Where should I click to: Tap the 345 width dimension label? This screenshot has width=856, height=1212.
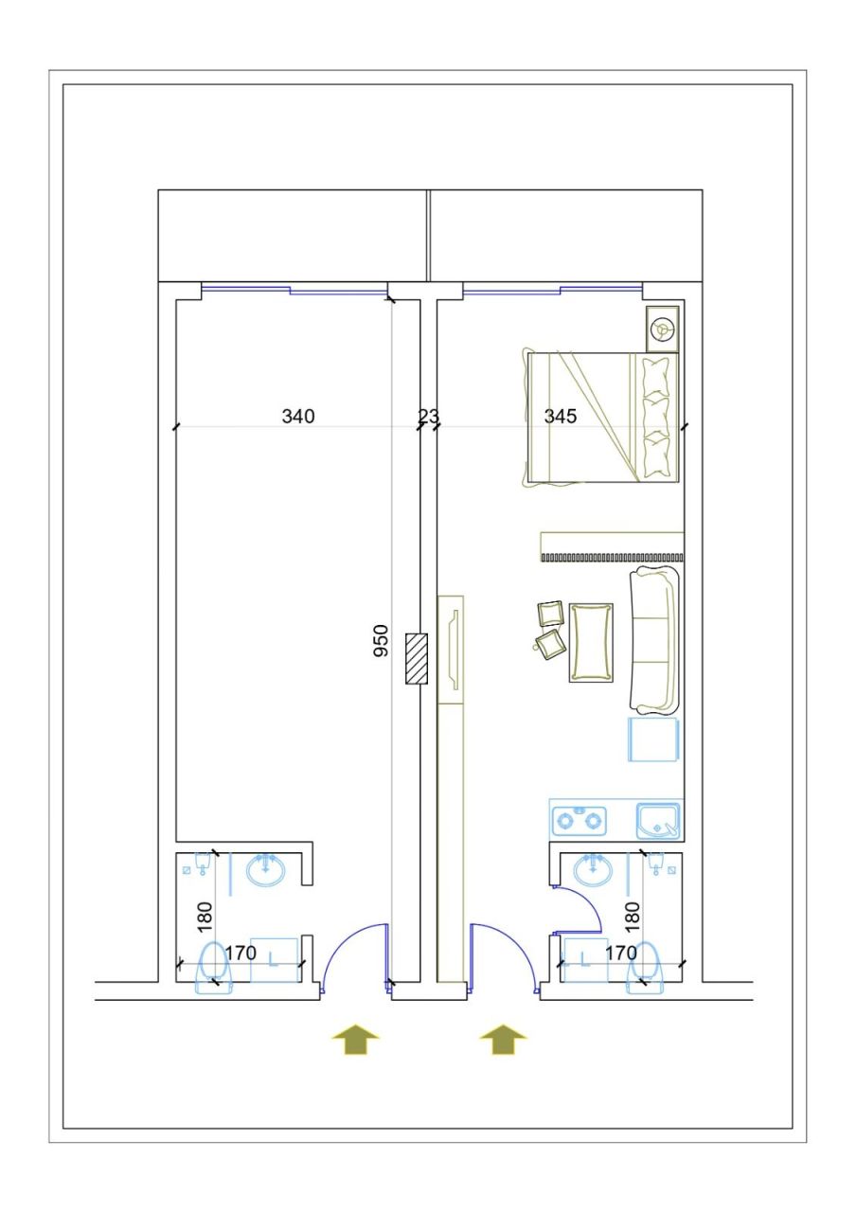click(x=560, y=416)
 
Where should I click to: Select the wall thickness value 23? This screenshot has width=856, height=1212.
click(x=429, y=416)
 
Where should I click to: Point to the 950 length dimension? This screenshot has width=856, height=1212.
click(x=381, y=641)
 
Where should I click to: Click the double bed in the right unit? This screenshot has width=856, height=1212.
click(x=601, y=417)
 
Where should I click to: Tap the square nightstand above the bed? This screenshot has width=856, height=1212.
click(x=663, y=329)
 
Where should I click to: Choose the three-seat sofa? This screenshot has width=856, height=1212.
click(x=655, y=639)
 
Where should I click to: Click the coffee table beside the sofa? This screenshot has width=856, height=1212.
click(x=591, y=642)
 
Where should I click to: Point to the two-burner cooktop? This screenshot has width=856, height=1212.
click(x=580, y=819)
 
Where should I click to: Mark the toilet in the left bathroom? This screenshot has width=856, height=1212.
click(x=211, y=966)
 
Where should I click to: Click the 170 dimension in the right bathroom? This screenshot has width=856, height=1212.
click(x=620, y=953)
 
